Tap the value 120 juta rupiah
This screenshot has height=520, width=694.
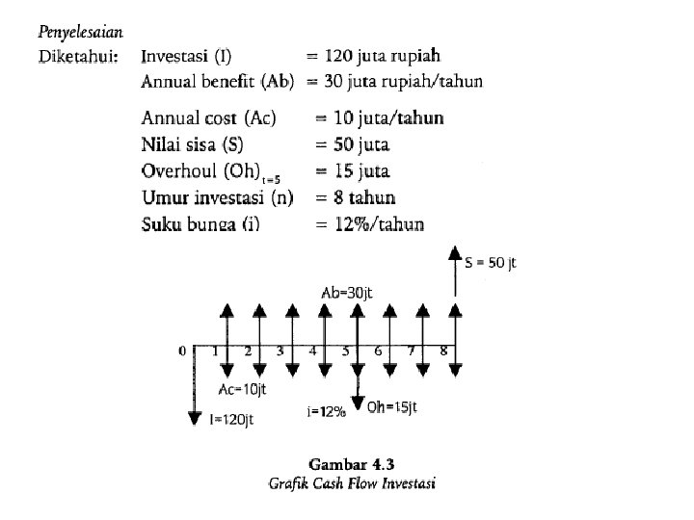386,58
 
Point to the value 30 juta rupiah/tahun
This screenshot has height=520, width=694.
402,81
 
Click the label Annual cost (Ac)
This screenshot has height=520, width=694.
208,118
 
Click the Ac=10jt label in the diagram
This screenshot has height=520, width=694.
241,390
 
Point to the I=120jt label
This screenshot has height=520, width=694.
231,418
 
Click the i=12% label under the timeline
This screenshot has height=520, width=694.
326,412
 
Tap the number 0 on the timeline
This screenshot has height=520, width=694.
181,351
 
